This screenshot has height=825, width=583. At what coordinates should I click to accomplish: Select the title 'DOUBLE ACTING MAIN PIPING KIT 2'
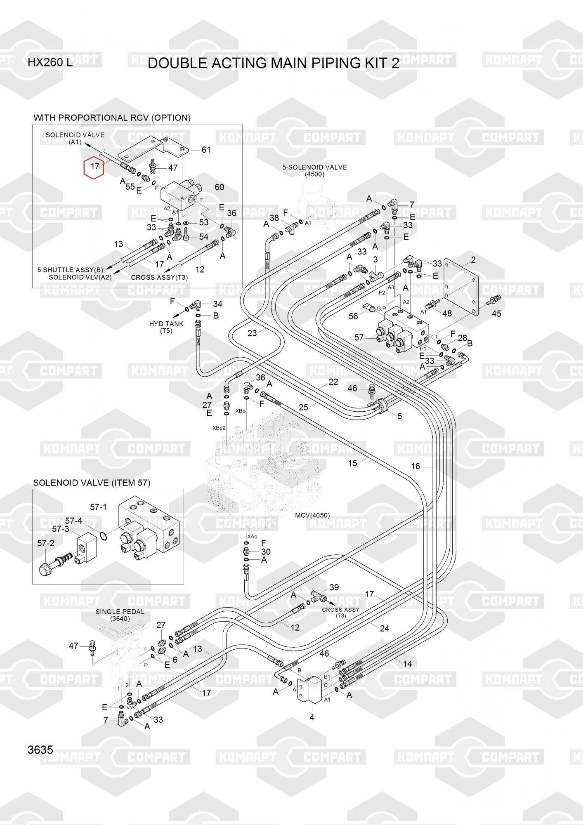tap(274, 63)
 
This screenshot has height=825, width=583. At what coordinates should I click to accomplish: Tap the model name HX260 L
tap(50, 63)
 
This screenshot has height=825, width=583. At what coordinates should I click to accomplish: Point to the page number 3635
tap(40, 750)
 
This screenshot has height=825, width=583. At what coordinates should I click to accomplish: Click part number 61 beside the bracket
tap(206, 150)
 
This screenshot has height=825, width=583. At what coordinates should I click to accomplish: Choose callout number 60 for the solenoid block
tap(219, 187)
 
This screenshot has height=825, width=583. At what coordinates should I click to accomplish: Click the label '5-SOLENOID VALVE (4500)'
tap(314, 170)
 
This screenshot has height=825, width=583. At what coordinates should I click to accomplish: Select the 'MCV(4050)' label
tap(312, 515)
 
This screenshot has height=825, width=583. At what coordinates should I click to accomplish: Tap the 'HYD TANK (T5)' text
tap(166, 327)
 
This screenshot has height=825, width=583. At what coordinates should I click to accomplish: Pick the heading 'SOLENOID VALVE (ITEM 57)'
tap(92, 483)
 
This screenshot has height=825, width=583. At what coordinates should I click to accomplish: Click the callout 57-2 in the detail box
tap(45, 543)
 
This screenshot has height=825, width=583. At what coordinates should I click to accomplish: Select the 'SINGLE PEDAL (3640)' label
tap(120, 615)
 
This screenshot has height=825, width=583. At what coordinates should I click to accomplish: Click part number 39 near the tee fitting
tap(334, 587)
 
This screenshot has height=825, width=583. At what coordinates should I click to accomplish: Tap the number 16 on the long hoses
tap(415, 466)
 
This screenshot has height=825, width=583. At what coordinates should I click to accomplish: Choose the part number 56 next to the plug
tap(353, 316)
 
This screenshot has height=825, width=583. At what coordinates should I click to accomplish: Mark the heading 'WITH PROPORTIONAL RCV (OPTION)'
tap(112, 118)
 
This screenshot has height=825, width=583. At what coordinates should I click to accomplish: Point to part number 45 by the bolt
tap(496, 313)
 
